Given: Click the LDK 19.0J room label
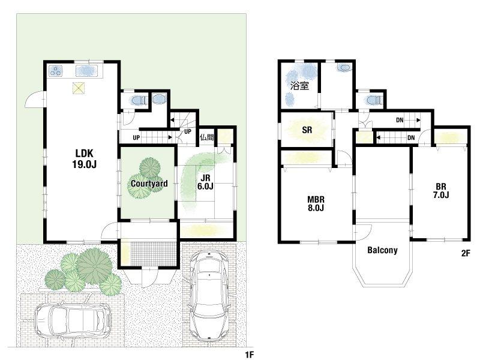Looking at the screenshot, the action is [85, 158].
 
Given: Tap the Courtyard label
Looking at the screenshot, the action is [149, 184].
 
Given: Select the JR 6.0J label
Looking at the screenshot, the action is [205, 182].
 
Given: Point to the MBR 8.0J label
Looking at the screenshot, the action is [316, 204].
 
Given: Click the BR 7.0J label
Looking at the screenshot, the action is [441, 190].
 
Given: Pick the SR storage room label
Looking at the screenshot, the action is [307, 130].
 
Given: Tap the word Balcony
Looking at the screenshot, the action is [382, 250].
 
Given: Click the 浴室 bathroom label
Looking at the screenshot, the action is [299, 86].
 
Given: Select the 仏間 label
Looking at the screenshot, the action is [206, 137].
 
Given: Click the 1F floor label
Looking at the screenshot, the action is [250, 355].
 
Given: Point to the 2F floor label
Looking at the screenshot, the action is [466, 253].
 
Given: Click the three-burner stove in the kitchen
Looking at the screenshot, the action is [56, 71].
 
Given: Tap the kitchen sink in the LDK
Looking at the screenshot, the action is [86, 71].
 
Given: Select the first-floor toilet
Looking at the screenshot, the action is [138, 100].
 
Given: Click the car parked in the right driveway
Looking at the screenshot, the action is [208, 296].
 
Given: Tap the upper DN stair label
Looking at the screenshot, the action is [400, 121].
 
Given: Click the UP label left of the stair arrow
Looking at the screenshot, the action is [136, 138].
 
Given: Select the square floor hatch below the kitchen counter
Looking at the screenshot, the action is [79, 88].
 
